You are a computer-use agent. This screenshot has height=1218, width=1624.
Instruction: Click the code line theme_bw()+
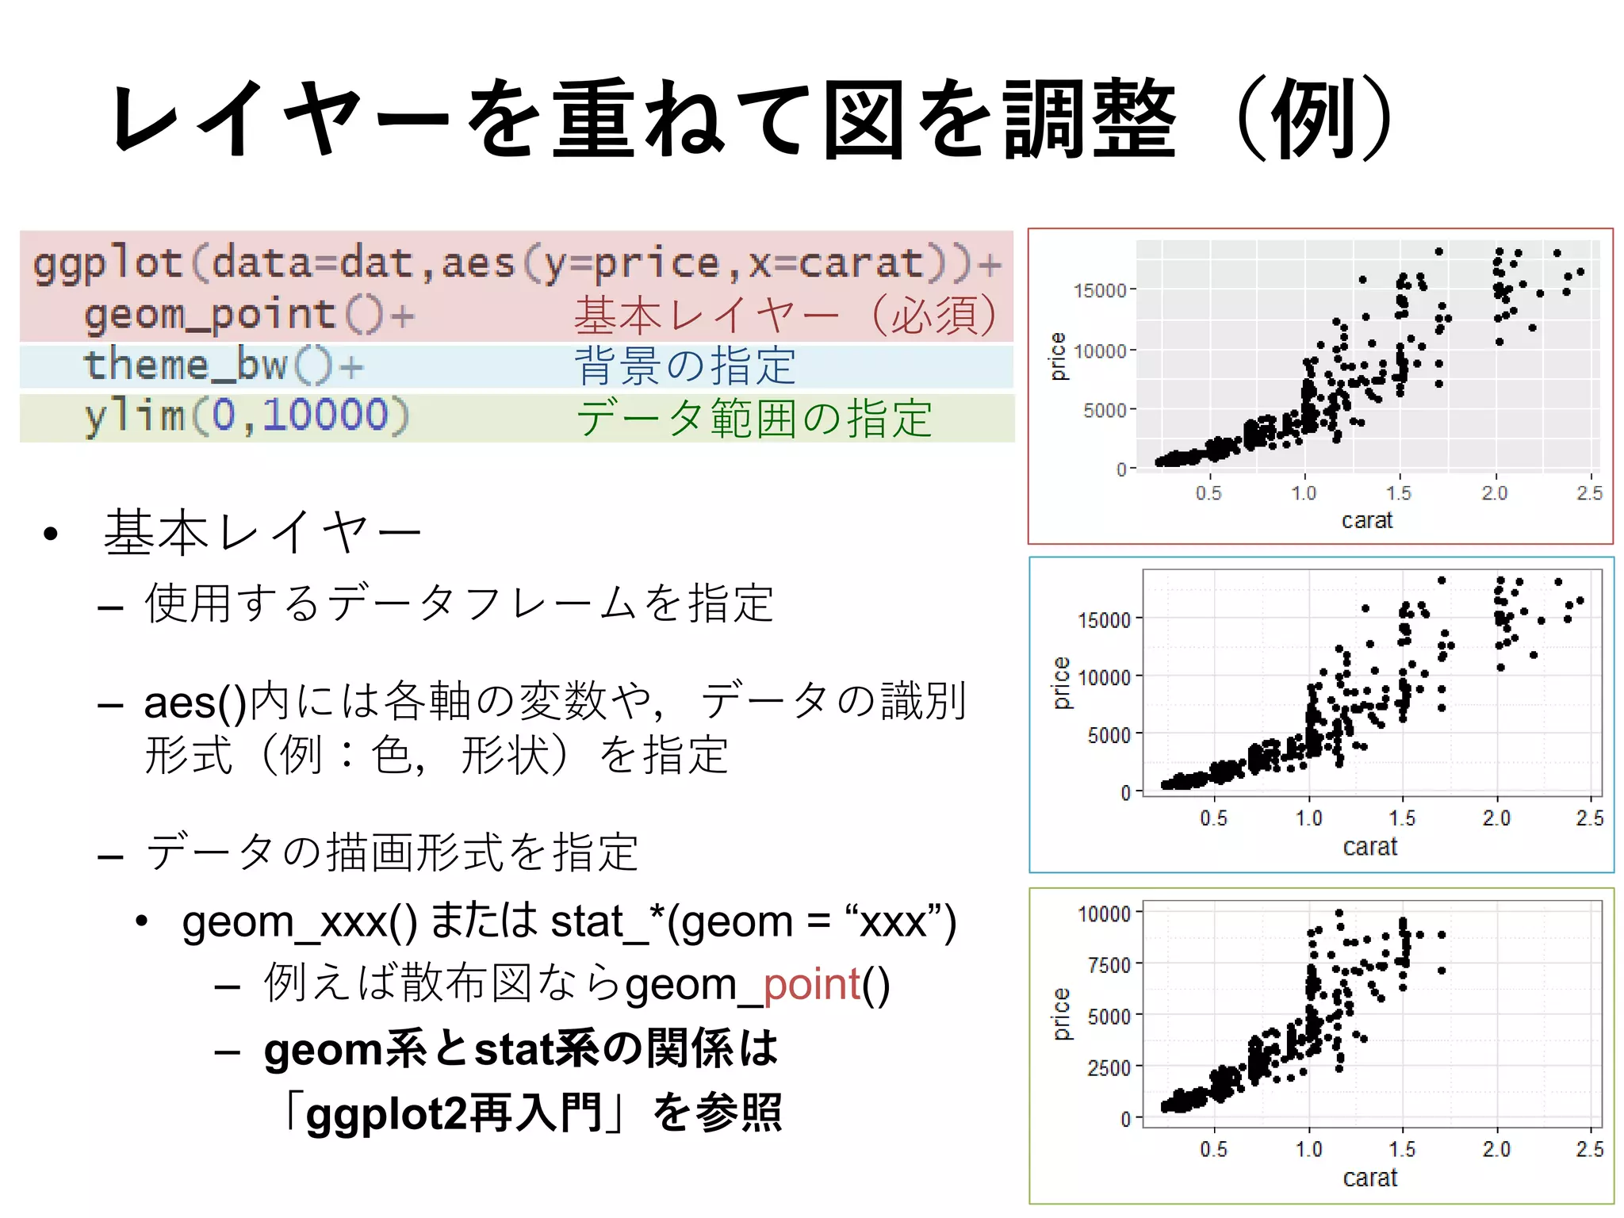tap(223, 366)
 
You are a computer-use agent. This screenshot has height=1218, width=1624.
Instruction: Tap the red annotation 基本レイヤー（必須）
tap(785, 316)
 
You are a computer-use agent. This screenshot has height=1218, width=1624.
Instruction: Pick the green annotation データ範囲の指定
tap(753, 418)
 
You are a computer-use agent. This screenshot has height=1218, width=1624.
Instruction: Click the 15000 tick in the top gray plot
tap(1100, 290)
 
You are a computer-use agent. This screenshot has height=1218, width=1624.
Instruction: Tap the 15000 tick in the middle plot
tap(1104, 619)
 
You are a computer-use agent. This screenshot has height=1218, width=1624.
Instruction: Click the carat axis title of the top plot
tap(1366, 520)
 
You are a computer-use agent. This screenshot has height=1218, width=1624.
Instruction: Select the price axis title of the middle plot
tap(1060, 683)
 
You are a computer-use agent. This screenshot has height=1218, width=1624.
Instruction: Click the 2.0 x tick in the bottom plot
tap(1496, 1149)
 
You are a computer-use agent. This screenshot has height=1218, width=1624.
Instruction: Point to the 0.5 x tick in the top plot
tap(1208, 493)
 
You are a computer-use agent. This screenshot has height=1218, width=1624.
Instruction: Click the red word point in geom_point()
tap(811, 984)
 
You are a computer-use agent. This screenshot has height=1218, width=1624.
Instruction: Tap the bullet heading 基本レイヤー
tap(262, 532)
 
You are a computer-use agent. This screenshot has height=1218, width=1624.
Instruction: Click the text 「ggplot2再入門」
tap(456, 1113)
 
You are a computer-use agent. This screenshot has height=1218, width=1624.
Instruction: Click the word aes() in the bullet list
tap(194, 703)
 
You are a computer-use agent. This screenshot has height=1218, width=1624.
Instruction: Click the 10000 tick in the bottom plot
tap(1104, 913)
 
